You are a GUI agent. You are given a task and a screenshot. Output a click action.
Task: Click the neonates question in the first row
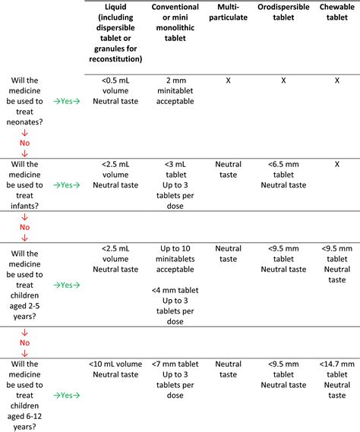(25, 100)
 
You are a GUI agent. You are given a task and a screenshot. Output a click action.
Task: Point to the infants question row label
(25, 184)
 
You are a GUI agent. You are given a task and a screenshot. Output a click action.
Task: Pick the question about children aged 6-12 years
(25, 394)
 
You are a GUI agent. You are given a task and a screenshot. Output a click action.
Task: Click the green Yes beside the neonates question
(67, 100)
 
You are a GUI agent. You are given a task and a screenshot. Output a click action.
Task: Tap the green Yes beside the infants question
(67, 184)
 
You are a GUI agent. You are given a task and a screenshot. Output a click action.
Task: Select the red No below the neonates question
(24, 140)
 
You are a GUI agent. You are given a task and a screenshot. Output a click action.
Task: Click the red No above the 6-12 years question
(24, 342)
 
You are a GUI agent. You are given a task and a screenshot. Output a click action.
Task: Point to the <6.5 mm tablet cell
(283, 174)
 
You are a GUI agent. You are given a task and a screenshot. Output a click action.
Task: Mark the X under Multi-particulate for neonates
(228, 79)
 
